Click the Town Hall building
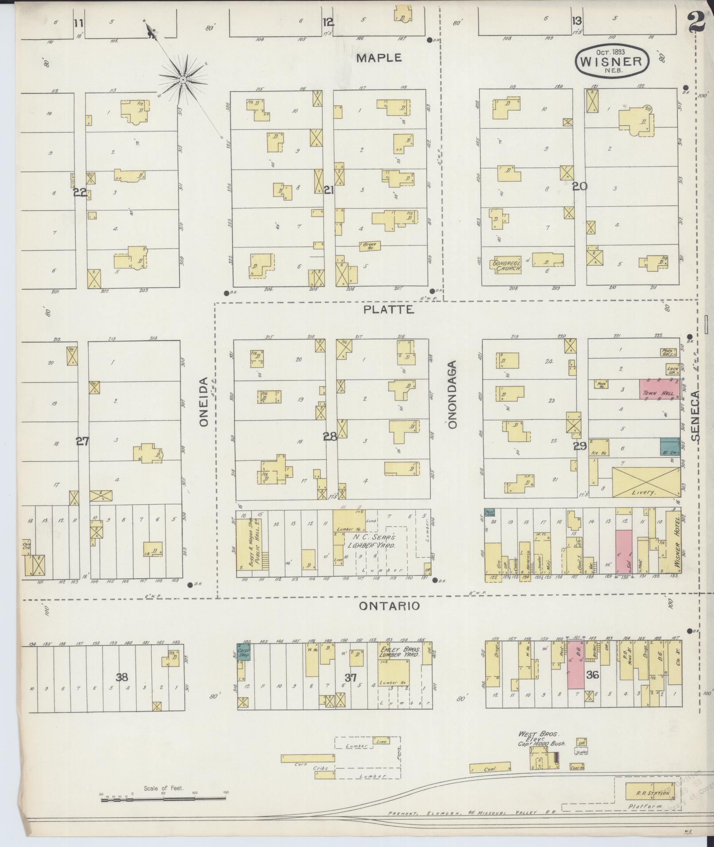(x=659, y=389)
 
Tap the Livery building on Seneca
(x=646, y=482)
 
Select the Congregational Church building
(x=504, y=265)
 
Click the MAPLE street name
(x=379, y=58)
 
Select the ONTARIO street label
(x=389, y=606)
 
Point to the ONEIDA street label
(x=204, y=402)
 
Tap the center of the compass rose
(x=182, y=79)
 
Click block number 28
(x=330, y=437)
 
